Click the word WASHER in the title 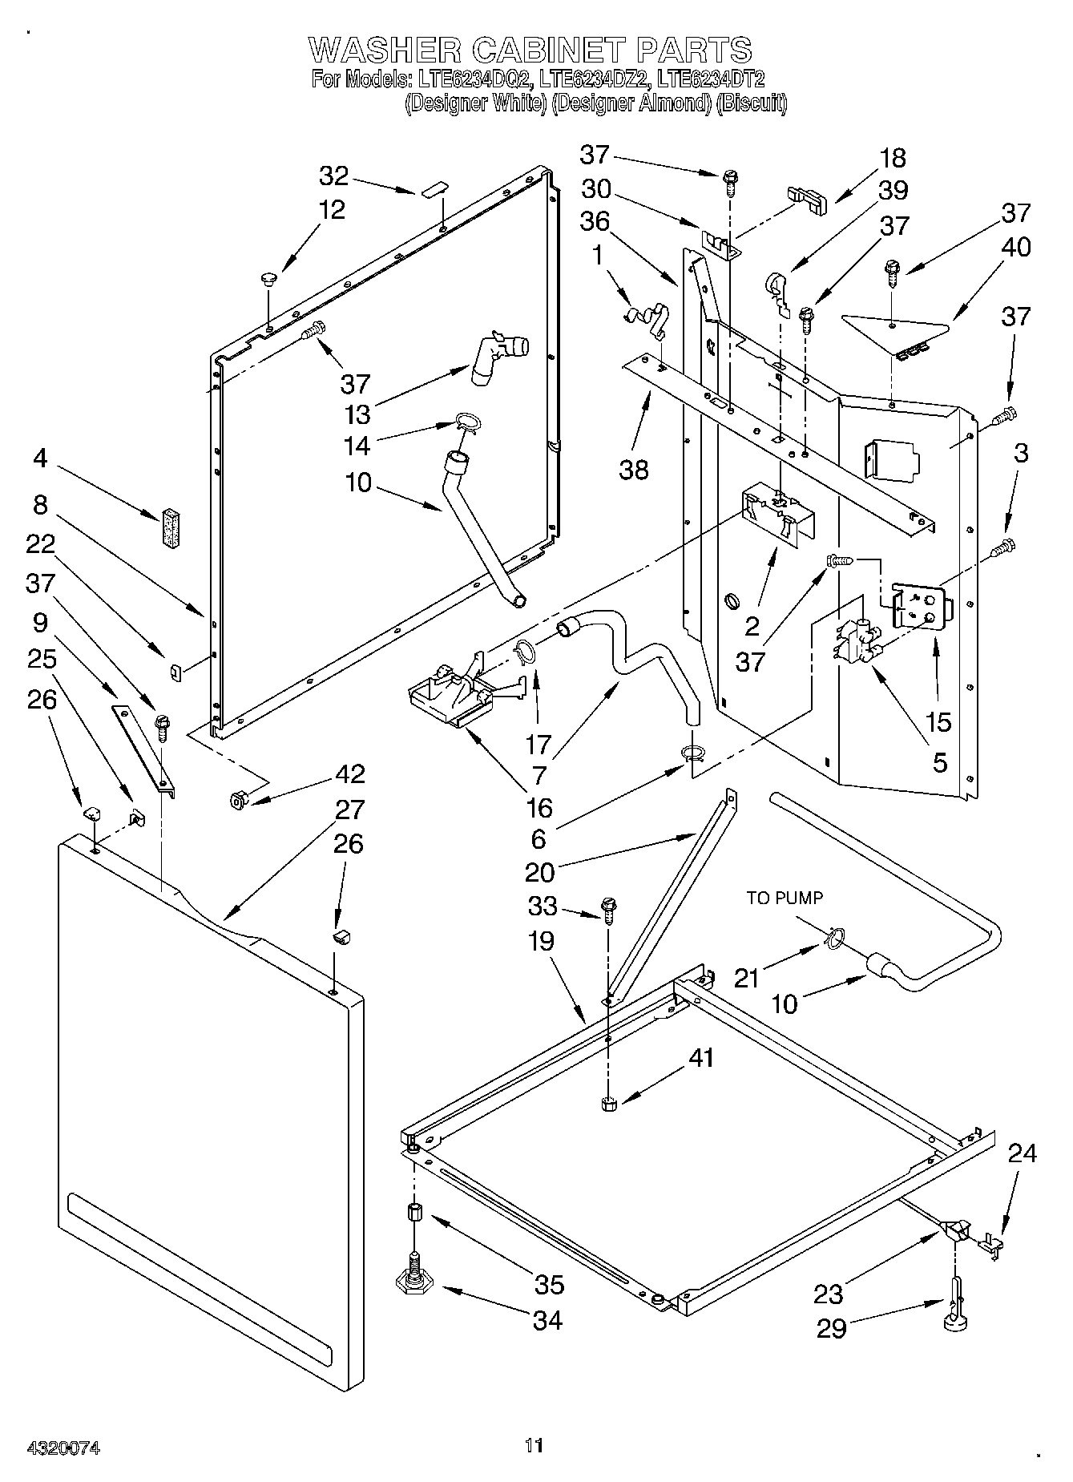click(x=384, y=50)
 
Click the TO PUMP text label click(x=785, y=898)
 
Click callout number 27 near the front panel click(x=349, y=810)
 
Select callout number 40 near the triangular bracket click(x=1016, y=247)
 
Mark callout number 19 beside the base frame click(x=542, y=941)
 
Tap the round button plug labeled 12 click(x=267, y=280)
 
